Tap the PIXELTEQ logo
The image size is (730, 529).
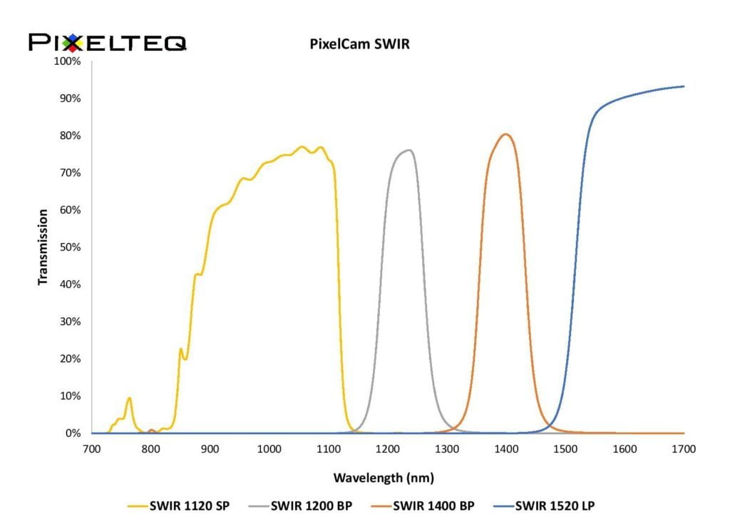[x=108, y=43]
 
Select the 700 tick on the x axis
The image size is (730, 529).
[x=91, y=448]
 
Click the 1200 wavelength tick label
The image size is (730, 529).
[x=387, y=448]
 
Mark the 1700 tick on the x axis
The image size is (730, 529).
[x=684, y=448]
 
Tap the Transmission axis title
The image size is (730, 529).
[x=43, y=247]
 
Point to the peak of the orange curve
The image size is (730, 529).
[x=506, y=134]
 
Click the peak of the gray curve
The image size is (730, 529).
[x=409, y=150]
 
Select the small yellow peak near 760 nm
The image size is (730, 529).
[x=129, y=398]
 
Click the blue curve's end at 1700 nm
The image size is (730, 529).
[x=684, y=86]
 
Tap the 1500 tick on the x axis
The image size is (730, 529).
[x=565, y=448]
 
